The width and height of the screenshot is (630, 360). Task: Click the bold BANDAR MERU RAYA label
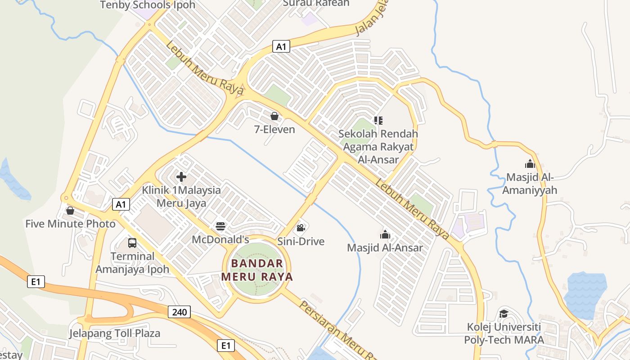257,270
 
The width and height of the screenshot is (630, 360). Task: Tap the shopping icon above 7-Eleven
274,117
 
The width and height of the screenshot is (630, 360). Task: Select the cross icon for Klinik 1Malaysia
181,177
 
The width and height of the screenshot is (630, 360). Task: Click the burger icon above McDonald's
220,226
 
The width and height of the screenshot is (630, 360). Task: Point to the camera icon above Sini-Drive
301,228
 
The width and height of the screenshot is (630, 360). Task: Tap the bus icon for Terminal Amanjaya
132,243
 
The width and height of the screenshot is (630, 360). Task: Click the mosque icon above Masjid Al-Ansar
385,234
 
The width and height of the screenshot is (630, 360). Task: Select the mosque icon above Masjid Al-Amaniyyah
530,164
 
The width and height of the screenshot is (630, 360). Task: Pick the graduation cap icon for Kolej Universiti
504,314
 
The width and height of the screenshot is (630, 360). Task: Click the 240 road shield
179,312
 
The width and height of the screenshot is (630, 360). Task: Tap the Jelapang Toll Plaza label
115,333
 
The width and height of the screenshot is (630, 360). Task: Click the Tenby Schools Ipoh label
148,5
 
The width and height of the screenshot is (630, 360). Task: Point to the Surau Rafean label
316,3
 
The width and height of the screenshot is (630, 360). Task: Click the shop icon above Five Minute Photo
70,211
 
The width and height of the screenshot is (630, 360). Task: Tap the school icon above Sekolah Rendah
378,120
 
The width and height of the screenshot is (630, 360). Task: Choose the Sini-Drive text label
301,242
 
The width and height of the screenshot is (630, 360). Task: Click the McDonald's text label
220,239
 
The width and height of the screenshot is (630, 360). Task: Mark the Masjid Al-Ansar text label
385,248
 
